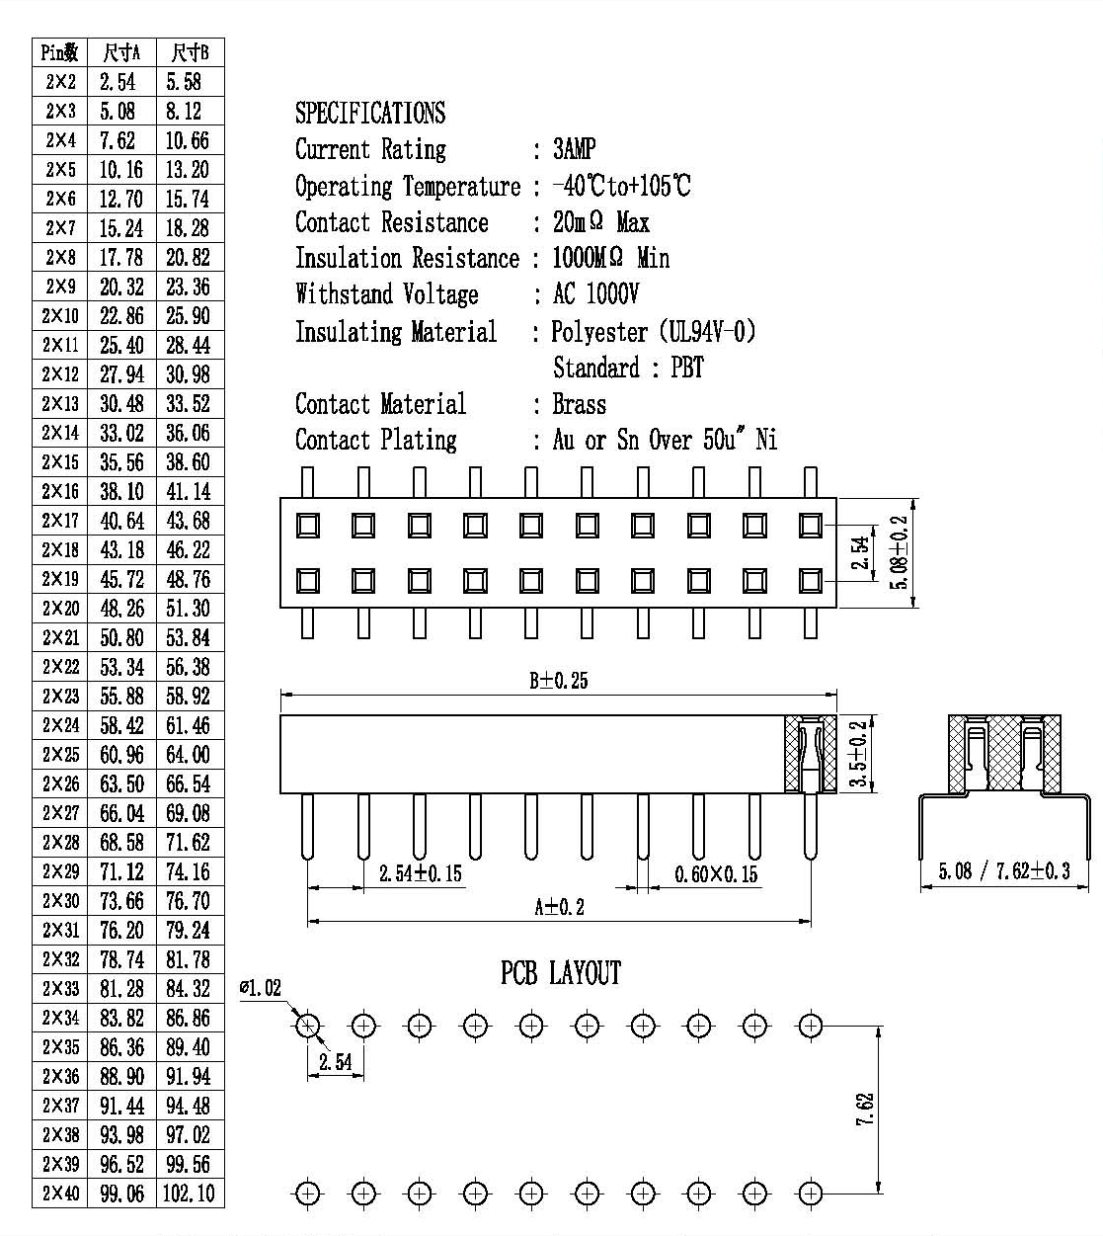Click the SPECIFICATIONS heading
coord(370,113)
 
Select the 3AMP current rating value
coord(575,148)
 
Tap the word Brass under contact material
coord(580,404)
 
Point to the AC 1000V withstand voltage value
coord(595,293)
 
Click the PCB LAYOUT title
coord(561,973)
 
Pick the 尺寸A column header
coord(121,52)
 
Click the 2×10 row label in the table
coord(60,315)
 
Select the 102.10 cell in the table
coord(189,1193)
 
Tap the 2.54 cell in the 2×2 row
coord(118,82)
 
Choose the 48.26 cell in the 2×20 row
coord(121,608)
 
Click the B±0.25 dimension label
coord(559,681)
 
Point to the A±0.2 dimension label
coord(559,907)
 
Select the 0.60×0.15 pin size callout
coord(716,874)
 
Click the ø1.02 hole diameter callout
coord(261,987)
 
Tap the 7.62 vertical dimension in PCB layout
coord(865,1110)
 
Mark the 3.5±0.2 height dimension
coord(858,754)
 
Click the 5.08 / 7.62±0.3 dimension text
coord(1004,870)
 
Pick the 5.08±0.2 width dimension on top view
coord(899,552)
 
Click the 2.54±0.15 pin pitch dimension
coord(421,873)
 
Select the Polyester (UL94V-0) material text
coord(654,331)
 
